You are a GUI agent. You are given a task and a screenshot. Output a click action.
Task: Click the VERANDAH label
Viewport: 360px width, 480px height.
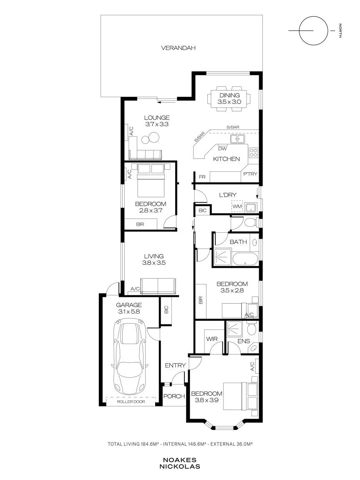178,48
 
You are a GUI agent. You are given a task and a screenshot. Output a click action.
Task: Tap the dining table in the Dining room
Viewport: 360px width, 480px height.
229,98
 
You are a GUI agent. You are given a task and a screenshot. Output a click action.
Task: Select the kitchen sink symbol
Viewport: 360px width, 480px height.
237,139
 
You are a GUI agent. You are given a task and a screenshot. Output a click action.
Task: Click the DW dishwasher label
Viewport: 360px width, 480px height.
223,149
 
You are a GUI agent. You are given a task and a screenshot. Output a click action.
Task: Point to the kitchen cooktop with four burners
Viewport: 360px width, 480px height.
253,153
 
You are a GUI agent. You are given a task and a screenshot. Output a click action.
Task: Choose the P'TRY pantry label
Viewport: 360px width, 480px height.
250,174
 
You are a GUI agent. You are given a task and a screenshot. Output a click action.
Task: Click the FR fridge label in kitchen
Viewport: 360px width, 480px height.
202,177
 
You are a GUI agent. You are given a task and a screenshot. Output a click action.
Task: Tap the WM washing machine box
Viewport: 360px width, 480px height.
237,206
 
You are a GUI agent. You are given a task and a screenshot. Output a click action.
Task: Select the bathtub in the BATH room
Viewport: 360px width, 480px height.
246,259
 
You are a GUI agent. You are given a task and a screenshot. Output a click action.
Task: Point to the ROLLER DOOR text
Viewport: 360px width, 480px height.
131,402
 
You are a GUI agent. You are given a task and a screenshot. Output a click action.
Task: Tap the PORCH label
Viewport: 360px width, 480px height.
174,396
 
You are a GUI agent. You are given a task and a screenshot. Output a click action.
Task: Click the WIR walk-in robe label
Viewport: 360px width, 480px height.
212,339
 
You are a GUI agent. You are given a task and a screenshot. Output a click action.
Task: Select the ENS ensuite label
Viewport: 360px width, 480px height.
244,341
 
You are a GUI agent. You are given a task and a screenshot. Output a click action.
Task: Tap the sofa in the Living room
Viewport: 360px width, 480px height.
158,286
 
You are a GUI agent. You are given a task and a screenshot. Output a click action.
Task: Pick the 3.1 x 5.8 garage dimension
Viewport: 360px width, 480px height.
129,312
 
